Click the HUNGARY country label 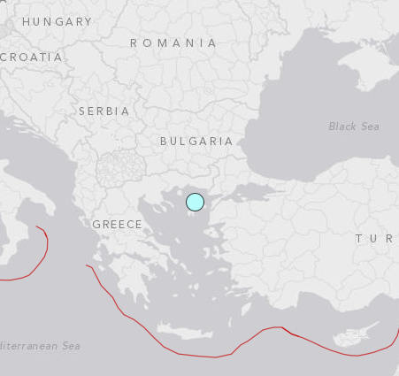(57, 21)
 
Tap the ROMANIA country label (173, 42)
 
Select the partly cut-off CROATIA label (32, 57)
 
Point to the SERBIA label (104, 111)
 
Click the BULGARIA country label (196, 141)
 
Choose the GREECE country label (117, 224)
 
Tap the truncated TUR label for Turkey (375, 239)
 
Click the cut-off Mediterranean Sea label (40, 346)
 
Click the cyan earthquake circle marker (195, 203)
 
